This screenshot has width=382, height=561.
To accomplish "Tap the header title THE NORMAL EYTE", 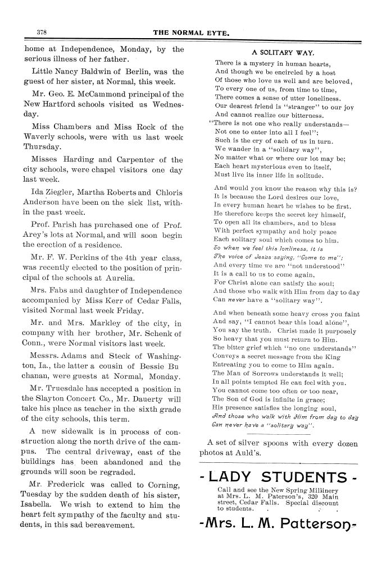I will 191,33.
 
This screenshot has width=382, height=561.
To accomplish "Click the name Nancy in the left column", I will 69,72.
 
